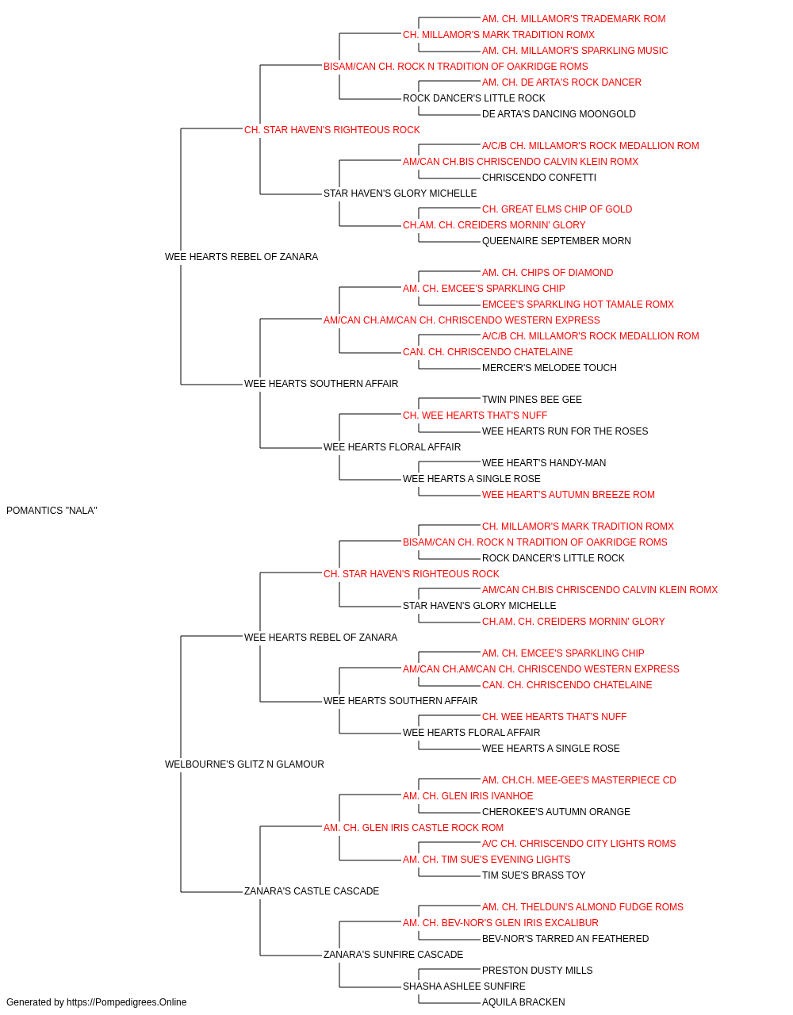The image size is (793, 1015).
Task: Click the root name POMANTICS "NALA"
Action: click(x=52, y=511)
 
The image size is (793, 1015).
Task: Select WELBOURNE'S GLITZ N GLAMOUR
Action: click(x=244, y=764)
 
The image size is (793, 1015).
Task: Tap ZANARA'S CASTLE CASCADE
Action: click(x=312, y=891)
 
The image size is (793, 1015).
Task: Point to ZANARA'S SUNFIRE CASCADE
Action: click(x=393, y=955)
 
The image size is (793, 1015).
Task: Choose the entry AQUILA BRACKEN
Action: click(x=523, y=1002)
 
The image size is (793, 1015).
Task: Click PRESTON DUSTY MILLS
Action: click(x=537, y=971)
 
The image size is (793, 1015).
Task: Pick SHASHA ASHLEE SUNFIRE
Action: click(x=464, y=986)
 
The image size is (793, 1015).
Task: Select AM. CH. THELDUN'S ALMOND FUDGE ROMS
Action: click(x=582, y=907)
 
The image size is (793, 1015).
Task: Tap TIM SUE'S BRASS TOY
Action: click(x=534, y=875)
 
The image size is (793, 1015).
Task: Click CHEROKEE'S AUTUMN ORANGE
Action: click(x=556, y=812)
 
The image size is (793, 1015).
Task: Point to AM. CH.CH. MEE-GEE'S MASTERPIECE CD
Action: click(x=579, y=780)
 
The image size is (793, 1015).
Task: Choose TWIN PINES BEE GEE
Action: click(x=531, y=400)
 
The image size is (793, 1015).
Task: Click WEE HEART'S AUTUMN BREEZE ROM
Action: click(x=568, y=495)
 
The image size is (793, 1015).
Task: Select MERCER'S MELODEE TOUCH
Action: click(x=550, y=368)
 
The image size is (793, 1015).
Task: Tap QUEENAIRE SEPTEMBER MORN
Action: click(x=556, y=241)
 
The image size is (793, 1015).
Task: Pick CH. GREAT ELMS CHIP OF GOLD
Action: click(x=557, y=209)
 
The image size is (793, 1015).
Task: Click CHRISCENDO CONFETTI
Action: click(x=539, y=178)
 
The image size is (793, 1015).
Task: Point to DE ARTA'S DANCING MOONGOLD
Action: click(x=558, y=114)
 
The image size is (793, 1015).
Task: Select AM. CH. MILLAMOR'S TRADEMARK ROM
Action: click(x=573, y=19)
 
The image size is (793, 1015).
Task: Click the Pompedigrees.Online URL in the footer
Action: click(x=126, y=1002)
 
